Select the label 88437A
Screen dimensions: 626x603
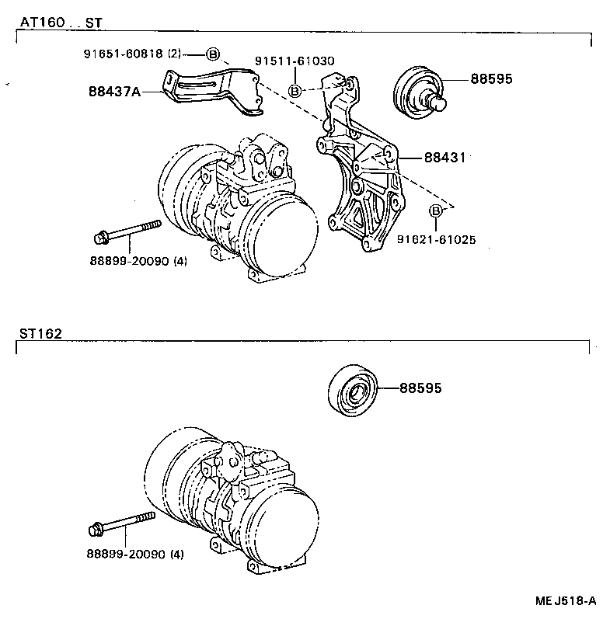coord(114,92)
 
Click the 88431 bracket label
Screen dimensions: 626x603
coord(444,158)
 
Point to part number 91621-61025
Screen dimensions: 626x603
coord(437,240)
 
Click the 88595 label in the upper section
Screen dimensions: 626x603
coord(491,79)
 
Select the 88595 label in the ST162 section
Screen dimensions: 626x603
coord(420,387)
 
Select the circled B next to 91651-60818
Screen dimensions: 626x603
coord(212,54)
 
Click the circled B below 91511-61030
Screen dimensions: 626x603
coord(295,91)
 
